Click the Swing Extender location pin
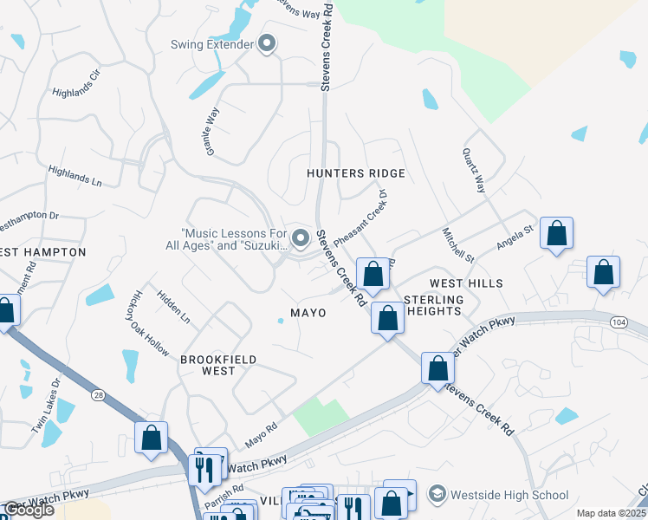click(267, 44)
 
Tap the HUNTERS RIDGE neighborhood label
click(344, 173)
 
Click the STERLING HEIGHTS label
click(435, 305)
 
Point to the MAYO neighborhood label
click(308, 312)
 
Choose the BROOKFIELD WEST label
click(207, 364)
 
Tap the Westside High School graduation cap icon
click(437, 495)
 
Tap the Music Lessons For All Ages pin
click(301, 237)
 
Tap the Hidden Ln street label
click(173, 308)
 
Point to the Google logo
click(28, 510)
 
